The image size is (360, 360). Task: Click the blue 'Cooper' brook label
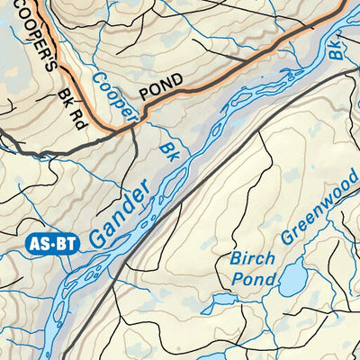tap(113, 94)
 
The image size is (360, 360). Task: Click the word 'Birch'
tap(251, 259)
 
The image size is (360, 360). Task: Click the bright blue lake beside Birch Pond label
tap(292, 279)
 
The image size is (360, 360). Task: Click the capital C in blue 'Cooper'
tap(96, 79)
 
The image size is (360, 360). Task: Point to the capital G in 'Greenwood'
tap(286, 239)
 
